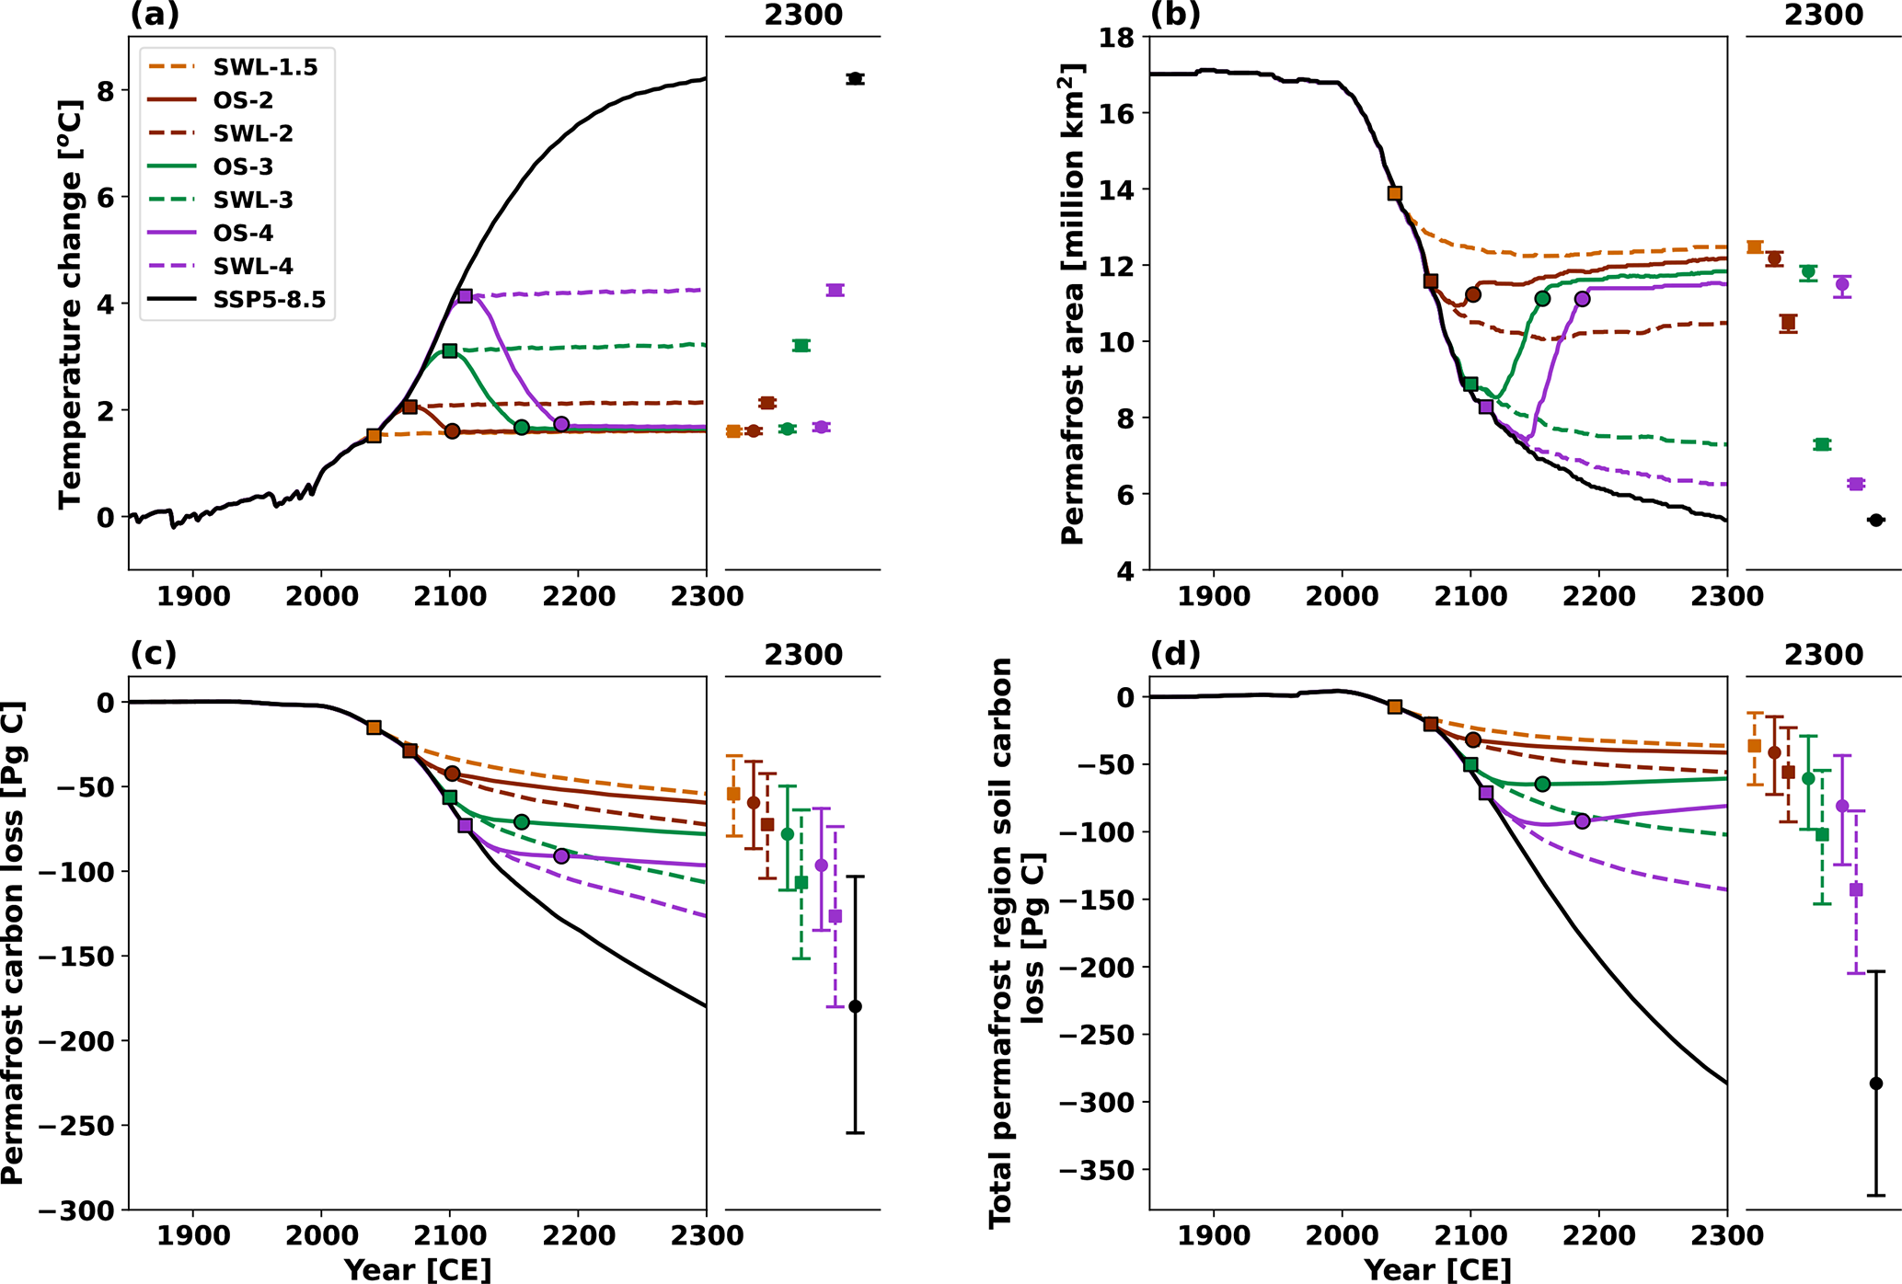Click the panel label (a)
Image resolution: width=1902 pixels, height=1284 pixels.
click(x=155, y=14)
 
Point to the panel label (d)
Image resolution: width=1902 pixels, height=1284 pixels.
click(x=1175, y=654)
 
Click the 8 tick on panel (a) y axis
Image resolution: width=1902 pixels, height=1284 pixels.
click(x=107, y=91)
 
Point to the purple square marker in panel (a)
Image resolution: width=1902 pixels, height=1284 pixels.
click(x=465, y=296)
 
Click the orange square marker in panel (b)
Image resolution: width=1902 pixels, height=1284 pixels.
click(x=1394, y=193)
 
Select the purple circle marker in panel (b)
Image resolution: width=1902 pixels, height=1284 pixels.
click(x=1582, y=299)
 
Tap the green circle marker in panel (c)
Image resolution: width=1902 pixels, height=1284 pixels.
click(x=522, y=821)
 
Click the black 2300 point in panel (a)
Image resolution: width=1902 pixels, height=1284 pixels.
click(x=855, y=79)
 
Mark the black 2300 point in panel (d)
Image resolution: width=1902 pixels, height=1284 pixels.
click(x=1876, y=1083)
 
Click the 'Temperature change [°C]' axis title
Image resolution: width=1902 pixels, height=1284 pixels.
click(x=71, y=304)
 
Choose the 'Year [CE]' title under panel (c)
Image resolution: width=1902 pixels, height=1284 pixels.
click(x=418, y=1270)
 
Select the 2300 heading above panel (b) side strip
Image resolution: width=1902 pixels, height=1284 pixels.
click(x=1824, y=15)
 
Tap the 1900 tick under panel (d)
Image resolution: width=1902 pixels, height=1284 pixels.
click(x=1214, y=1236)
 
